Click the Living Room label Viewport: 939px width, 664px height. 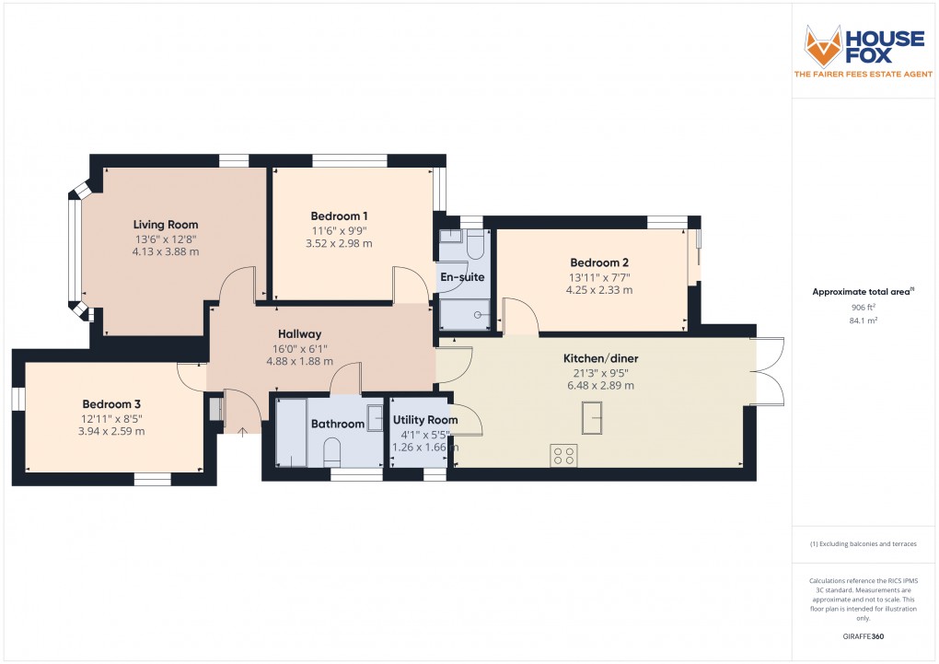pos(166,225)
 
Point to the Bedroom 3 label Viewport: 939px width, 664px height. pos(111,404)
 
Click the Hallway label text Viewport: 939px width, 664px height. pos(300,334)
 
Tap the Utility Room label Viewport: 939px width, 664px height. pos(425,420)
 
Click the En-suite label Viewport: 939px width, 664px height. pos(462,277)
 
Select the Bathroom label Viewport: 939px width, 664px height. pos(338,425)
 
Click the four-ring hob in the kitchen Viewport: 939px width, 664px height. pos(563,455)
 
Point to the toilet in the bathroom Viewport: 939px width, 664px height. pos(333,451)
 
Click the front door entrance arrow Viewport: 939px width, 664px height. pos(241,428)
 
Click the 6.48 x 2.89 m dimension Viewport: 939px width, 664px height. pos(601,386)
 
